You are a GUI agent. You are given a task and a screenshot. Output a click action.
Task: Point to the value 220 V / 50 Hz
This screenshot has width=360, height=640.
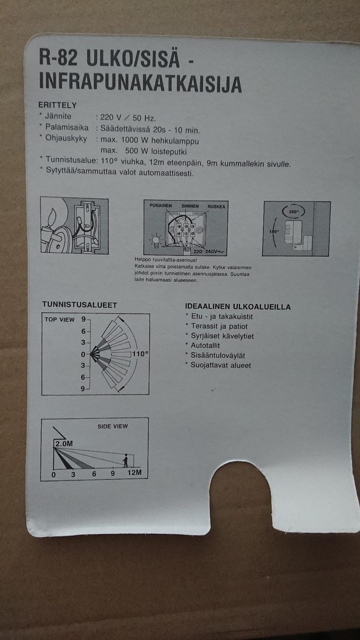point(127,118)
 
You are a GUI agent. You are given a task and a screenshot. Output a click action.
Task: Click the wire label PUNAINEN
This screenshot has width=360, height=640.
point(160,206)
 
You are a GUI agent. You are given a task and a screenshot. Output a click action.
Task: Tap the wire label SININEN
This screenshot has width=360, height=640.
point(190,206)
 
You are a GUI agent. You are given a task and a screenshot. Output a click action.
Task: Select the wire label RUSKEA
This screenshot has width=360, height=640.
point(216,207)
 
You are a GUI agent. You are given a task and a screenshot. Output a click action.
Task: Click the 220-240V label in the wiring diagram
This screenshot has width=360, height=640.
point(207,251)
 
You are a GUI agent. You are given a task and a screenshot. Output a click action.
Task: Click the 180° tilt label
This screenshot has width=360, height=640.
point(274,231)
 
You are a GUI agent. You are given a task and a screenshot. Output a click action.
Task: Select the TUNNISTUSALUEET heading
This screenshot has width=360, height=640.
point(79,305)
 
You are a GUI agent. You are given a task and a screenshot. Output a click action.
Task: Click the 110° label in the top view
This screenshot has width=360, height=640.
point(140,353)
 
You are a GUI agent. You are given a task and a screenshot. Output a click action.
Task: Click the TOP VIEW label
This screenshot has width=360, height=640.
point(60,320)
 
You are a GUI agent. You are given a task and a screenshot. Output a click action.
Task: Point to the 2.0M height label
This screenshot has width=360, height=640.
point(64,443)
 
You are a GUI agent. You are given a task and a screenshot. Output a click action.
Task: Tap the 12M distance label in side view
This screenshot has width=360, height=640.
point(134,472)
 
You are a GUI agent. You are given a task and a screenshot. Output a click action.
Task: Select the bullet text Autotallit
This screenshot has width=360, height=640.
point(205,346)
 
